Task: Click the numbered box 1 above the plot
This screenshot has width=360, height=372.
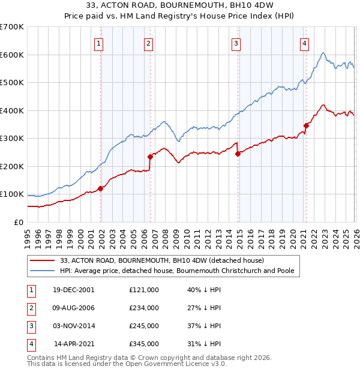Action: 98,43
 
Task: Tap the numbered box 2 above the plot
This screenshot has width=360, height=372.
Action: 148,43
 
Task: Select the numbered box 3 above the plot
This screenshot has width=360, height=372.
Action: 236,43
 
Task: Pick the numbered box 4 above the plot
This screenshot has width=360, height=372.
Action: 305,43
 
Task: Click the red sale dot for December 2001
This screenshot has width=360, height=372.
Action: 101,188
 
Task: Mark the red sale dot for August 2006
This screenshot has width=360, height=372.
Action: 150,157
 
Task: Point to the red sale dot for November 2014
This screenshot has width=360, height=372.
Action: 238,154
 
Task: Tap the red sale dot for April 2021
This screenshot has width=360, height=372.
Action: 306,125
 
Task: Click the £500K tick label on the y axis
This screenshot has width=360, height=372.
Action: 12,83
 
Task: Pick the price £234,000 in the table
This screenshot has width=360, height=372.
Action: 144,308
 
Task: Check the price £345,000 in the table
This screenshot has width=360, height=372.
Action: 144,344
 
